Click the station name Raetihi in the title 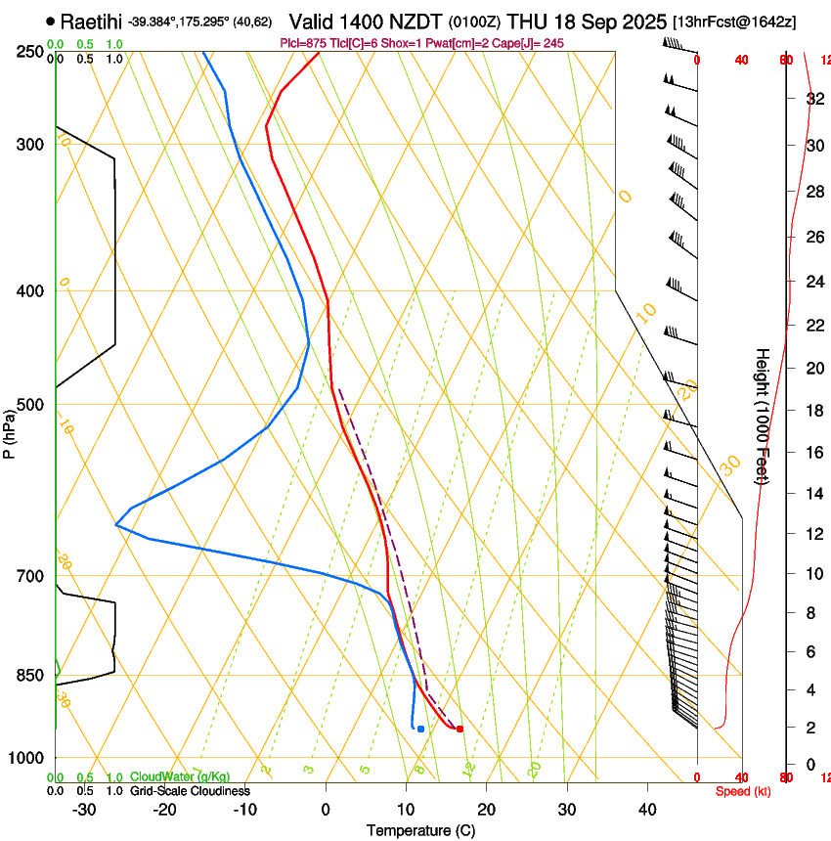click(x=91, y=21)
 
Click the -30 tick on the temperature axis click(x=84, y=809)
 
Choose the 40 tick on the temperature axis click(x=647, y=809)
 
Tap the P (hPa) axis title click(x=10, y=431)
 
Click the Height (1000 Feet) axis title click(x=763, y=417)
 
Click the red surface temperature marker click(x=459, y=729)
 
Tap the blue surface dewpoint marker click(x=420, y=729)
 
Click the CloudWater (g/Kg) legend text click(x=180, y=776)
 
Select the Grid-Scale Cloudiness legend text click(x=189, y=790)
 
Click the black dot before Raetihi click(x=50, y=21)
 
